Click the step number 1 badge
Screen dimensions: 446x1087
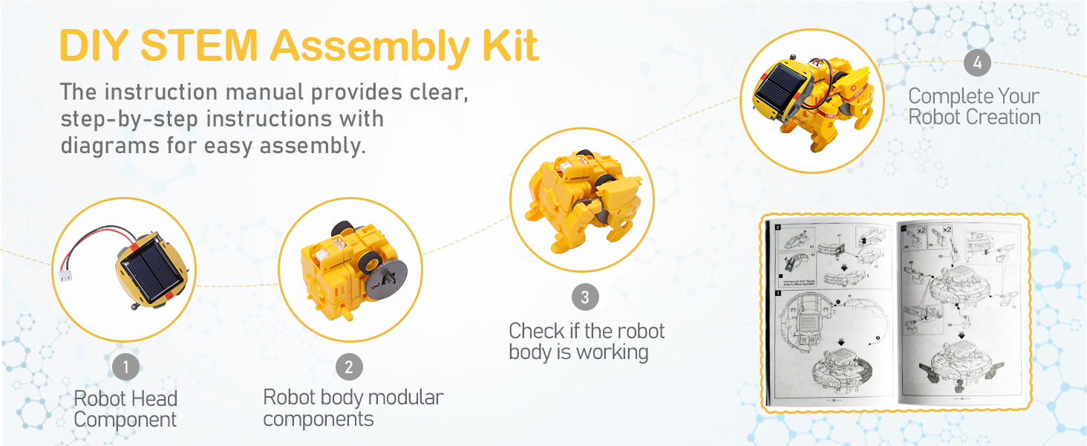(x=125, y=366)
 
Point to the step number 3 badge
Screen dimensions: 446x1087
(x=584, y=297)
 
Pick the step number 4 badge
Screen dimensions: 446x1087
(x=977, y=63)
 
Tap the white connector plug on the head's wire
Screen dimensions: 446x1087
(x=62, y=274)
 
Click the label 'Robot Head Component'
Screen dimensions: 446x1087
(x=125, y=409)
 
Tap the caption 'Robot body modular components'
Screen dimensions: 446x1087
(x=353, y=407)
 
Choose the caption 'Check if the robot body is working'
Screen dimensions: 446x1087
(x=587, y=341)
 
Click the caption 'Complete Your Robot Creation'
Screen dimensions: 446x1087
(x=974, y=106)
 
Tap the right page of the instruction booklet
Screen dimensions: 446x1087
(x=958, y=312)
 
